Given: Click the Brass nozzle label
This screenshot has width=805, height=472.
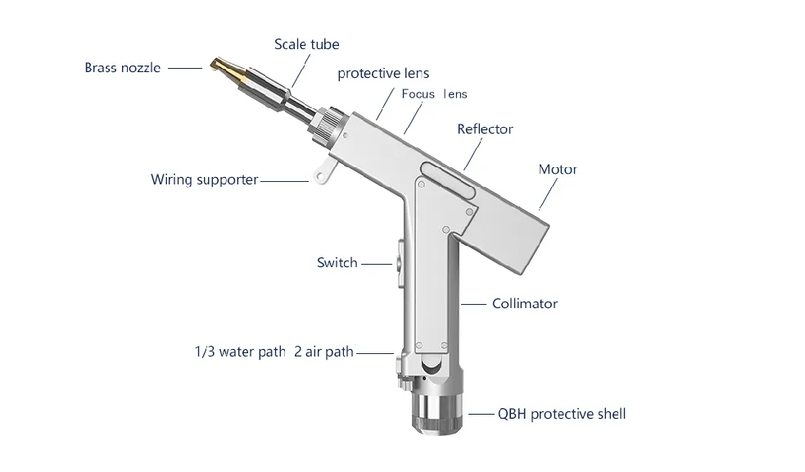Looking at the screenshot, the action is coord(123,68).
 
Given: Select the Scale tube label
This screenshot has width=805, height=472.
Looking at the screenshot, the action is coord(306,44).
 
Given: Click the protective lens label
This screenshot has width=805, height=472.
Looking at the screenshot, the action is coord(383,74).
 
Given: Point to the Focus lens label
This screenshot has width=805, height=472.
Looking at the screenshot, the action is coord(434,94).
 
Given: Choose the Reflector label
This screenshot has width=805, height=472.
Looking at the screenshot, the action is coord(485,129).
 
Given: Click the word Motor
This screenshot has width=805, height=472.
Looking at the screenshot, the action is coord(558,169).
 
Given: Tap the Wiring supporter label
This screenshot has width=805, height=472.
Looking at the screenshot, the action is coord(205,179).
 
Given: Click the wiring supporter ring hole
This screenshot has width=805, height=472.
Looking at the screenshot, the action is coord(320,177).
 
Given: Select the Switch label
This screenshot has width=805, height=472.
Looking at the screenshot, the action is coord(337,262).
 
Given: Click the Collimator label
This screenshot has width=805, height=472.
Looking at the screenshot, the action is coord(525,303).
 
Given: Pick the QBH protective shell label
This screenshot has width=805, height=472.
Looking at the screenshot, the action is coord(562,414).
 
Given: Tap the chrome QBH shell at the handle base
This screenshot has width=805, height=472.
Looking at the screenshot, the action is coord(437,410).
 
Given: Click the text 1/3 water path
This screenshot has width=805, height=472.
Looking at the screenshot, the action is coord(240,352).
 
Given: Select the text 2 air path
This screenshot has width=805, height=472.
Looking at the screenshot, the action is coord(324,352).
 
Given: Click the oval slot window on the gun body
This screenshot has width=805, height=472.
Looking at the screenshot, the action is coord(448,179).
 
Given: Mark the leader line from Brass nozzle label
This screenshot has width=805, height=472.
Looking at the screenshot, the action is coord(185,68).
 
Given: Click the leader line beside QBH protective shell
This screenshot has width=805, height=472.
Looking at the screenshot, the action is coord(481,414).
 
